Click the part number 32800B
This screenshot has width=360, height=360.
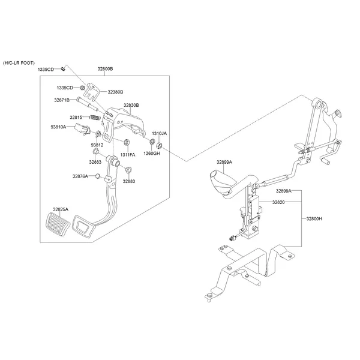105,70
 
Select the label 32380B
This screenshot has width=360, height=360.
115,92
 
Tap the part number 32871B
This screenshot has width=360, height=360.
62,100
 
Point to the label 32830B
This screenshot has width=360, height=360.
131,105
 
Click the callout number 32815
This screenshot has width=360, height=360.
76,117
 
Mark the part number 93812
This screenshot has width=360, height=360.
97,145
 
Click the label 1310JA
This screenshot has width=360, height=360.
159,133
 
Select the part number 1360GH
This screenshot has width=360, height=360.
151,153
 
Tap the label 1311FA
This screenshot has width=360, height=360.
127,155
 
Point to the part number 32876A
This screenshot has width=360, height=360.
80,176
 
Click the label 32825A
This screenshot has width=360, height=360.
61,209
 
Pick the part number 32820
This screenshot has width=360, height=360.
278,203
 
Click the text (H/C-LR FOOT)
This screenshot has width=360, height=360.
19,62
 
